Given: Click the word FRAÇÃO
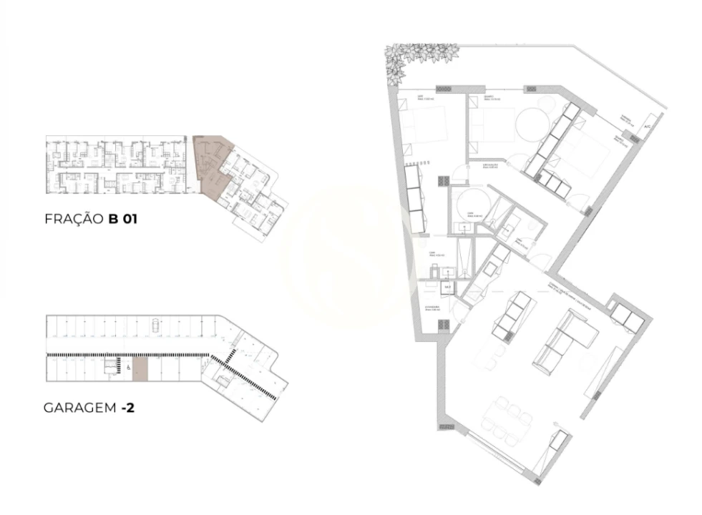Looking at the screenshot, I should click(74, 220).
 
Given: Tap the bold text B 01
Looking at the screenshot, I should click(122, 220).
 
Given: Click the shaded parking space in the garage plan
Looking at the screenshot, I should click(140, 369).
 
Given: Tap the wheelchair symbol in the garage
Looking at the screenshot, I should click(127, 368).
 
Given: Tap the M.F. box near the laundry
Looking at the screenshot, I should click(448, 288).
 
